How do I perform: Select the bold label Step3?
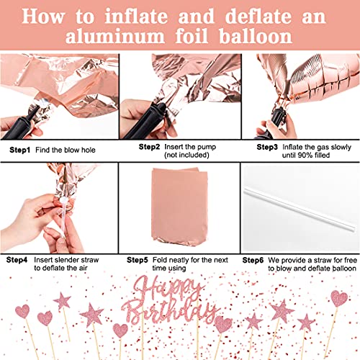pyautogui.click(x=270, y=146)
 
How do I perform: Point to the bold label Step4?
pyautogui.click(x=19, y=258)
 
